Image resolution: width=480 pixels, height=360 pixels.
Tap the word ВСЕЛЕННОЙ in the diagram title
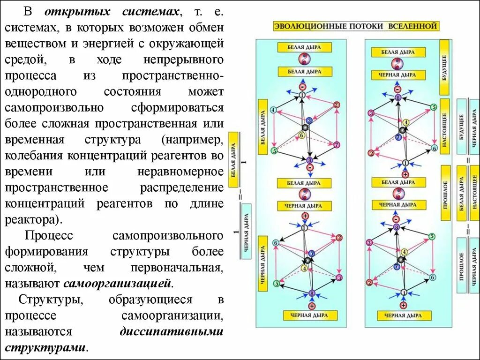pyautogui.click(x=412, y=26)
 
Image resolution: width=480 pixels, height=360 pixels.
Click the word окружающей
pyautogui.click(x=186, y=44)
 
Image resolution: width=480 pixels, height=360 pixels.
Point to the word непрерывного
pyautogui.click(x=188, y=60)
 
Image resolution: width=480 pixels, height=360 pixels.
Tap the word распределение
pyautogui.click(x=182, y=187)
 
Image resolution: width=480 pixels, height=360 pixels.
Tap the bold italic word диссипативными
pyautogui.click(x=172, y=331)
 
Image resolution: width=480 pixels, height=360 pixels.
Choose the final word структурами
pyautogui.click(x=46, y=348)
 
